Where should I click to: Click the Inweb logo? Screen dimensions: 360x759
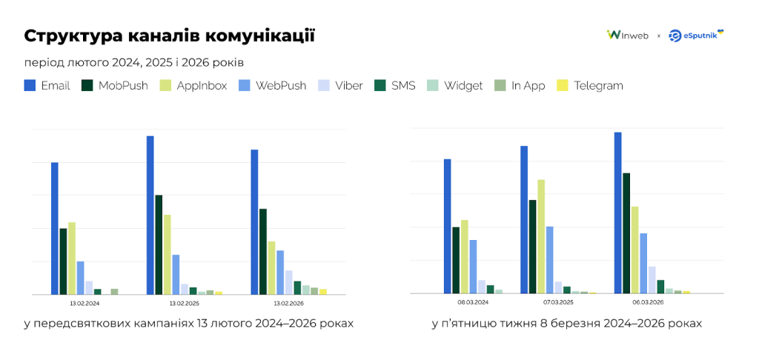coord(627,35)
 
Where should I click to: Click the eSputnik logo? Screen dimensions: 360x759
coord(695,35)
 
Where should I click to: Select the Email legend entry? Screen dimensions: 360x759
coord(47,86)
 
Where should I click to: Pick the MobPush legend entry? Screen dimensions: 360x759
coord(115,86)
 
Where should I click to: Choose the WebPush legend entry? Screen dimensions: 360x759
coord(273,86)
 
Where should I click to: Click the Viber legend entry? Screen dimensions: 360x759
coord(340,86)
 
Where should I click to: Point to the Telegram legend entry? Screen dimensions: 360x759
coord(590,86)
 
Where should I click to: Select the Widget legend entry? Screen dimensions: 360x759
coord(455,86)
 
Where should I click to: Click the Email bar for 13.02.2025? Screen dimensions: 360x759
coord(150,215)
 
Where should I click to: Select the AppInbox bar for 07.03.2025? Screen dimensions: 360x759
coord(541,236)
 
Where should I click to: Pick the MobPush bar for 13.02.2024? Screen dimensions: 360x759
coord(64,261)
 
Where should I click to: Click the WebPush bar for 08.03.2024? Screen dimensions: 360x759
coord(473,267)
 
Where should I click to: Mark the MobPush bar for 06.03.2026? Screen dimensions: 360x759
coord(626,233)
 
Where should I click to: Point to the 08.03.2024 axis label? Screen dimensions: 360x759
coord(473,303)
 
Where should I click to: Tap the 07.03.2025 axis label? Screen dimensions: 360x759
coord(558,303)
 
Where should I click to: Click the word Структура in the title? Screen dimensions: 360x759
coord(71,36)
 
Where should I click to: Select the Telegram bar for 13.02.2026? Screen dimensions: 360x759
coord(322,291)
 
